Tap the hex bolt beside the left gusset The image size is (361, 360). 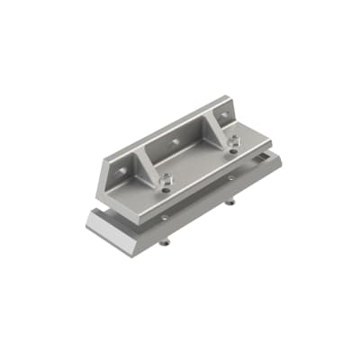pyautogui.click(x=165, y=183)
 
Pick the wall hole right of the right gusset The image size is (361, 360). pyautogui.click(x=224, y=115)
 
